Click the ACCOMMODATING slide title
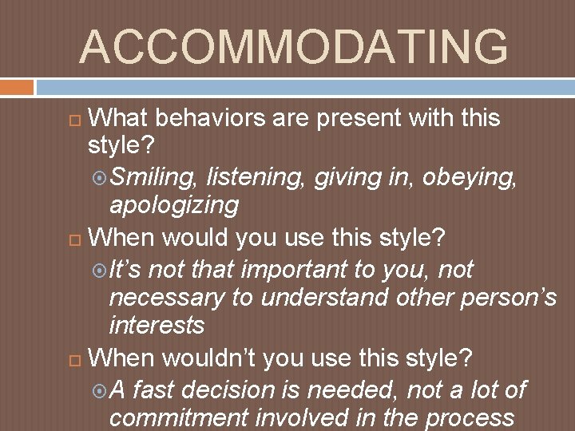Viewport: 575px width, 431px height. [x=293, y=47]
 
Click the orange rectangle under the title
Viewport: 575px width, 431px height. [x=17, y=86]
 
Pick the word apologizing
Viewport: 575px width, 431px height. [x=173, y=205]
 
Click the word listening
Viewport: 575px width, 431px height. [x=256, y=176]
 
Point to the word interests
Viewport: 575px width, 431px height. [x=157, y=325]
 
